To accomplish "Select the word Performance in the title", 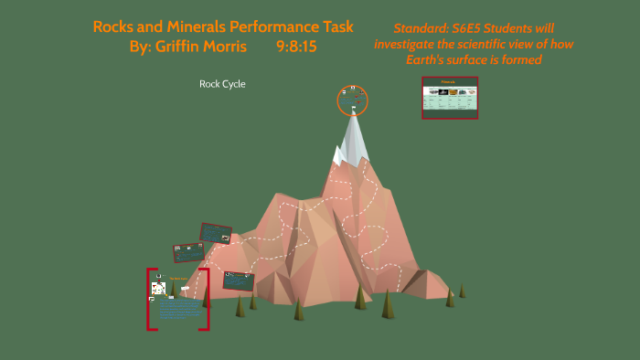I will (271, 26).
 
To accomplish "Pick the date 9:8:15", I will (296, 46).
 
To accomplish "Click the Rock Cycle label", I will (222, 84).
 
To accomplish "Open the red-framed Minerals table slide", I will (450, 98).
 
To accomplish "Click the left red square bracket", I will (150, 299).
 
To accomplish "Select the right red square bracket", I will (207, 299).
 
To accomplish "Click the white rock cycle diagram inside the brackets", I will (159, 288).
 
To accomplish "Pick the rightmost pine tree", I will (462, 291).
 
